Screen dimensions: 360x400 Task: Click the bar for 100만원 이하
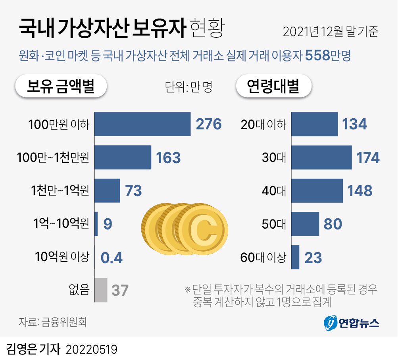[x=142, y=124]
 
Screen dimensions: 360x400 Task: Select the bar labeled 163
[x=123, y=158]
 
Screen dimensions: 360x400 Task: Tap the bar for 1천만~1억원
[x=107, y=191]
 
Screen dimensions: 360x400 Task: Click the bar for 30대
[x=321, y=158]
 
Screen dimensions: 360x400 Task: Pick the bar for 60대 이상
[x=295, y=257]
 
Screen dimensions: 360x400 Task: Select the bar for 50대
[x=305, y=224]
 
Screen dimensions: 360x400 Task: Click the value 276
[x=209, y=124]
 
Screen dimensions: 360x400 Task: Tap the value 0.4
[x=112, y=258]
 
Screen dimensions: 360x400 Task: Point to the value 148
[x=360, y=191]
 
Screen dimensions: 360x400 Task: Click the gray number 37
[x=120, y=291]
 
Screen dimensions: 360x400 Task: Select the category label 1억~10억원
[x=61, y=224]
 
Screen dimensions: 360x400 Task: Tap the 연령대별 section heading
[x=273, y=86]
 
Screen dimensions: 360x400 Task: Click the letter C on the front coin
[x=202, y=229]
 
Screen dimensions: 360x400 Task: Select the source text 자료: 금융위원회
[x=52, y=321]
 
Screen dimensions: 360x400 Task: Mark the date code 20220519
[x=92, y=349]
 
